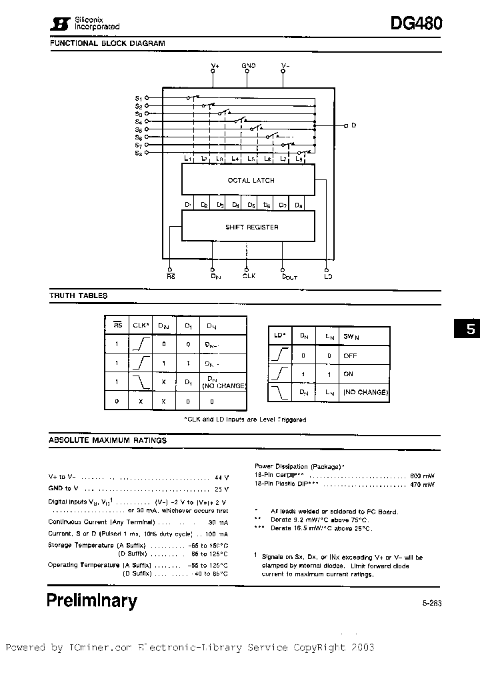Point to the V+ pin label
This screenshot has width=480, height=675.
(214, 65)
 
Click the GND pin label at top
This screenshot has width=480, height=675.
(249, 65)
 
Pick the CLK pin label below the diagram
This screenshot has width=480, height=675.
(249, 275)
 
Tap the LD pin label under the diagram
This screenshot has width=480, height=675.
(327, 275)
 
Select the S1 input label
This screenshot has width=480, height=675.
(139, 98)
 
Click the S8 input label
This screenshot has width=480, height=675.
(139, 153)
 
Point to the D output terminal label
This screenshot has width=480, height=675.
(354, 125)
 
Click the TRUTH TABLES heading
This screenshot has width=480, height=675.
(78, 295)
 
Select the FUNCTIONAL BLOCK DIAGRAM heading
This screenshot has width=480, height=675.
(107, 43)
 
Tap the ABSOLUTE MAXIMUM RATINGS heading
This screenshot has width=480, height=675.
(108, 440)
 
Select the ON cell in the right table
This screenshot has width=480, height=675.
(348, 374)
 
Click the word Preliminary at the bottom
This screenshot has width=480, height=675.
(92, 600)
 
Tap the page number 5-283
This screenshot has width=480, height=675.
(431, 603)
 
